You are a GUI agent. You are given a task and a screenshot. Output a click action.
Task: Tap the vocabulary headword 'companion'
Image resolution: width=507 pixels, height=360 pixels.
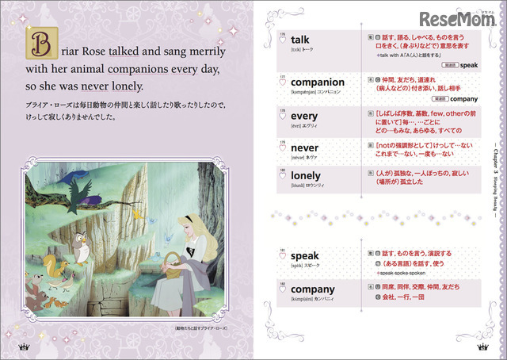click(x=317, y=82)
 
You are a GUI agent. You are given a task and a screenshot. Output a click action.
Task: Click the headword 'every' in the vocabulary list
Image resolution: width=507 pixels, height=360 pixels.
click(x=304, y=117)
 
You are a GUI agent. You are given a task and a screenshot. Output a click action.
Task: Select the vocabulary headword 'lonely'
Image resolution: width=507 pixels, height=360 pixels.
click(x=307, y=175)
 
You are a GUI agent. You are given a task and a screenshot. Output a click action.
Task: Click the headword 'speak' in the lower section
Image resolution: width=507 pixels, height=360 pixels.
click(x=305, y=255)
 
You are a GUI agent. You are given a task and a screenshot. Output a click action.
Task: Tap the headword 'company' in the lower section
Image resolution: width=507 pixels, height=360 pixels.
click(x=313, y=289)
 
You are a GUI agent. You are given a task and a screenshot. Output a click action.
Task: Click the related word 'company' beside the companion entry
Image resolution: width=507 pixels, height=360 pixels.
click(x=454, y=101)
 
